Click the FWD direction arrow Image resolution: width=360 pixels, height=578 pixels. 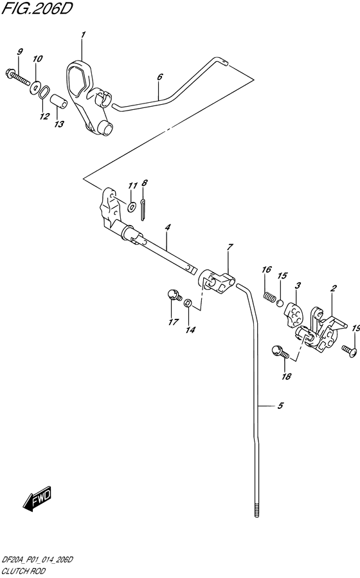point(37,498)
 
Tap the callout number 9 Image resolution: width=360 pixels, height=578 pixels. point(20,51)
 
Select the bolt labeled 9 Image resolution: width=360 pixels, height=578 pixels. point(18,77)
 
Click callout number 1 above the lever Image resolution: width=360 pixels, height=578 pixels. point(84,35)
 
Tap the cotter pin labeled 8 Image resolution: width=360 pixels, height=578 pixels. point(143,210)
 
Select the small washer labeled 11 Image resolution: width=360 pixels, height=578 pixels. point(132,207)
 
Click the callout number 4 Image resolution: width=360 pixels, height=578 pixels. point(167,228)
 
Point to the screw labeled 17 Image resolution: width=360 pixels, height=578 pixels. point(174,295)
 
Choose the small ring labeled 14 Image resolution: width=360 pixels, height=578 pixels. point(188,303)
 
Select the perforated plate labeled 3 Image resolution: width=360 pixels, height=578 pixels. point(293,314)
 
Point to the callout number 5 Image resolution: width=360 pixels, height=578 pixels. point(280,406)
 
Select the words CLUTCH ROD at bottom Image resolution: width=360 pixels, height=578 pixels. point(24,571)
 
